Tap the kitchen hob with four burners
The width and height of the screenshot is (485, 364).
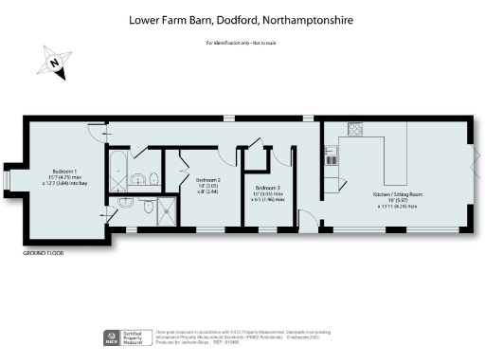[357, 131]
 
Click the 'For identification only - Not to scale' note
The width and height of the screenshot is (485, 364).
[242, 44]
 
